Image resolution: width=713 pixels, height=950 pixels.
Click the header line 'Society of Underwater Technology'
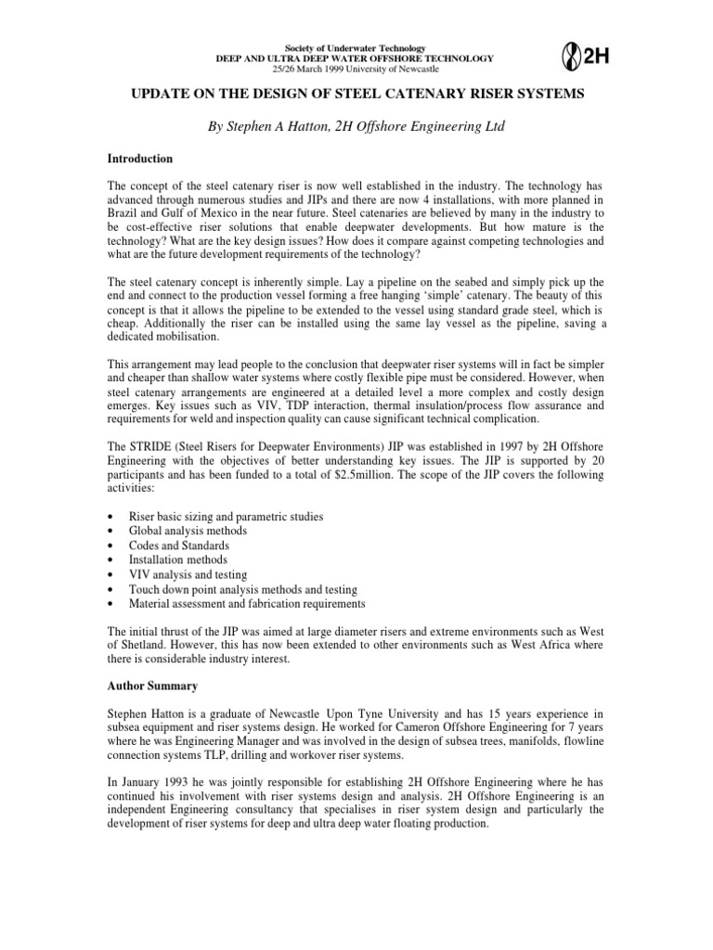pos(356,48)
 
